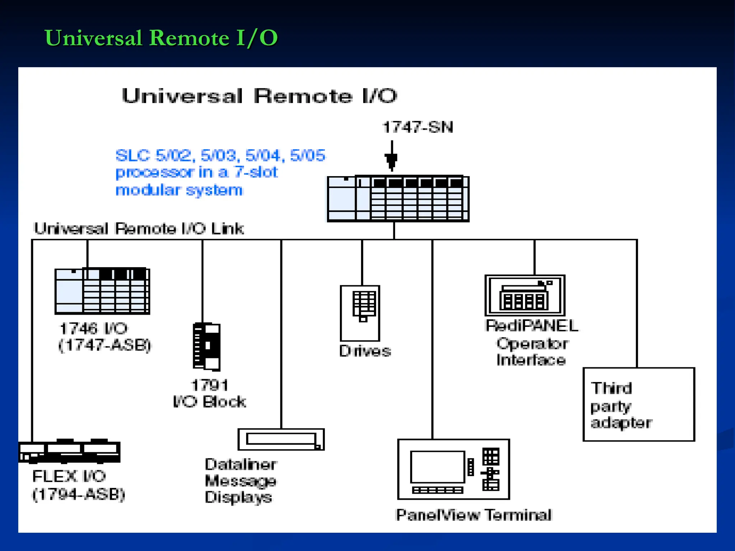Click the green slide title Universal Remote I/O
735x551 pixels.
click(x=161, y=38)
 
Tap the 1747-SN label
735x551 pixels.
click(x=418, y=127)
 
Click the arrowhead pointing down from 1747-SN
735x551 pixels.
click(x=392, y=161)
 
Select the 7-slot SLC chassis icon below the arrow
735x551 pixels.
click(x=398, y=199)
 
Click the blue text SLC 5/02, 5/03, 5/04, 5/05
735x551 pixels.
click(x=220, y=156)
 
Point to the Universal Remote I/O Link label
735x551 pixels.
click(x=139, y=229)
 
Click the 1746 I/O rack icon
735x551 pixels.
click(x=102, y=291)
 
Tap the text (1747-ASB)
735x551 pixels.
click(x=105, y=345)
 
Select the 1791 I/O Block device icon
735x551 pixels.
click(x=206, y=347)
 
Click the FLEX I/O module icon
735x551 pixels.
click(x=69, y=451)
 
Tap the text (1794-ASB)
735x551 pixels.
click(x=79, y=494)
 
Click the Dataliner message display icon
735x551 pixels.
click(x=281, y=439)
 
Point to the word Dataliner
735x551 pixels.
click(x=240, y=464)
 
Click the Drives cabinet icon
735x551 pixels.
click(x=360, y=313)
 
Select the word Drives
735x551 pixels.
click(x=365, y=351)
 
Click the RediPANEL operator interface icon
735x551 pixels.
click(x=525, y=295)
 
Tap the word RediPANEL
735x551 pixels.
click(x=531, y=326)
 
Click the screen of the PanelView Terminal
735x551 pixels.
click(x=437, y=467)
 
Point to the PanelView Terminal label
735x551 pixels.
click(x=473, y=515)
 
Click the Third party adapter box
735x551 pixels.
click(x=639, y=404)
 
